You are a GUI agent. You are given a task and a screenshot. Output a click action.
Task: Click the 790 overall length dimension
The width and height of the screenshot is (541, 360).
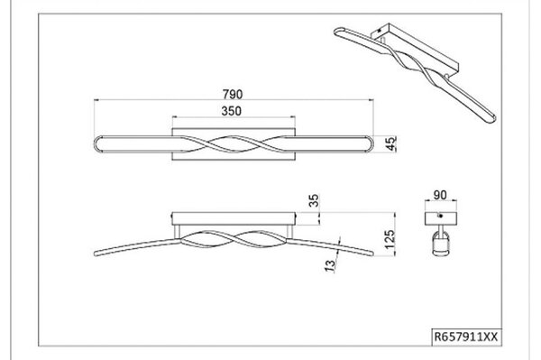(x=233, y=94)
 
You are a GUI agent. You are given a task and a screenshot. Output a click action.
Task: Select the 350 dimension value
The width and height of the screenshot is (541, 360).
(x=232, y=111)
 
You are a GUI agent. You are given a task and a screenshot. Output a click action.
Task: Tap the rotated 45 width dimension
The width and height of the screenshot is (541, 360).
(x=391, y=143)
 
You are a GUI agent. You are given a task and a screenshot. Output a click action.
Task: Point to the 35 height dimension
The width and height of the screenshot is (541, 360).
(x=314, y=201)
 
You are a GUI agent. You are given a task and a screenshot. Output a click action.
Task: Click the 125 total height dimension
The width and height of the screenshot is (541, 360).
(x=390, y=239)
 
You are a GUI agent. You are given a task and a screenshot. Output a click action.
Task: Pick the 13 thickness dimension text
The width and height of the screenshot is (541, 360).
(x=330, y=266)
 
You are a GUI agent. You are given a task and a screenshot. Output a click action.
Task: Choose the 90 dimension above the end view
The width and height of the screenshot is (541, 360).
(x=440, y=195)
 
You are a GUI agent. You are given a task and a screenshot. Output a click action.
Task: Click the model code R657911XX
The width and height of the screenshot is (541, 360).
(x=466, y=337)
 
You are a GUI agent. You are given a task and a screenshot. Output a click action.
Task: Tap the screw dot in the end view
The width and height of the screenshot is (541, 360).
(x=441, y=216)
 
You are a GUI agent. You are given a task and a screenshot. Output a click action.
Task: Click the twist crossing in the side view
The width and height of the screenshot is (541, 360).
(x=234, y=239)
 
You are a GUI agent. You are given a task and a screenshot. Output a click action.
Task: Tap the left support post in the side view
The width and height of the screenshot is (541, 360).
(x=178, y=232)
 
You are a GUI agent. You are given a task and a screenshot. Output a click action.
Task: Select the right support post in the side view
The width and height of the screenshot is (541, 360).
(x=289, y=232)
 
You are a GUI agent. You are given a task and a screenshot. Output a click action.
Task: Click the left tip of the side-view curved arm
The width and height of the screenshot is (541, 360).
(x=95, y=254)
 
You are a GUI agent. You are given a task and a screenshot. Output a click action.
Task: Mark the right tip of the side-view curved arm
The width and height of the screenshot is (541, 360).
(x=372, y=254)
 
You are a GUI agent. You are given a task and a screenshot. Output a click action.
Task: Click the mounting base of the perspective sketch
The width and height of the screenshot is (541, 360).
(x=414, y=45)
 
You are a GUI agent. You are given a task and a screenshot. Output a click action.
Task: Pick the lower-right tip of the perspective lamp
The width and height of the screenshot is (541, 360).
(x=493, y=118)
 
